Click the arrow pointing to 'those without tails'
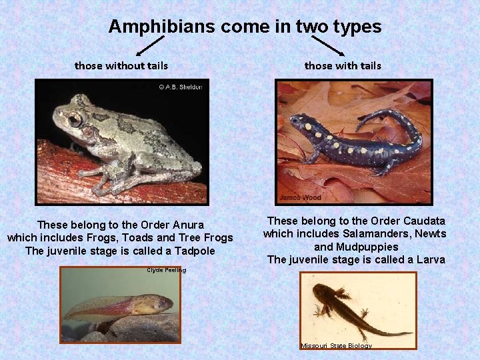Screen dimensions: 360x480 [150, 46]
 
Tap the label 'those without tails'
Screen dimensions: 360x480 [121, 65]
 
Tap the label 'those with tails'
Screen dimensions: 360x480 [343, 65]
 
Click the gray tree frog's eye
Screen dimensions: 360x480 [75, 120]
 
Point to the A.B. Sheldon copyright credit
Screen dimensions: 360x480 [179, 87]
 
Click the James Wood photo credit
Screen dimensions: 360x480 [299, 197]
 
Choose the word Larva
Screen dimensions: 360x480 [429, 259]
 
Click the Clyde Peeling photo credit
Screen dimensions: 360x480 [166, 270]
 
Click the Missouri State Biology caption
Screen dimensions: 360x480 [336, 345]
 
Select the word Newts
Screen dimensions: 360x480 [431, 234]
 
